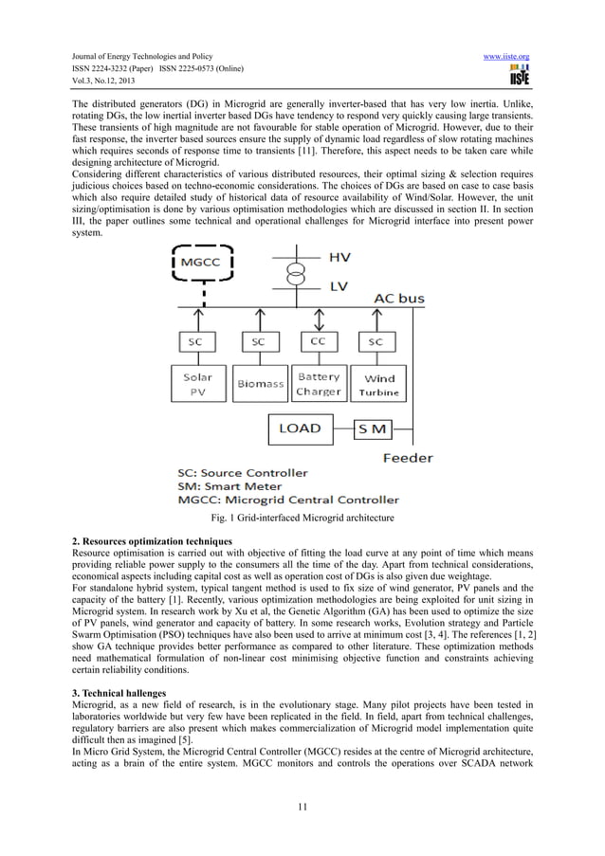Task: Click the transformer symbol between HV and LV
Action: [x=297, y=273]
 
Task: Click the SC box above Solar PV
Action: [x=194, y=340]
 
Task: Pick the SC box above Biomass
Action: [x=257, y=340]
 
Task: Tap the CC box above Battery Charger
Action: [x=318, y=340]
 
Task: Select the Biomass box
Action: [x=260, y=384]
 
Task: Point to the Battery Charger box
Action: [x=319, y=382]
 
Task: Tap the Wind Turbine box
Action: [x=379, y=384]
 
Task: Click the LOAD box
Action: [x=299, y=428]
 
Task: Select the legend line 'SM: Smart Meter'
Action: [x=235, y=485]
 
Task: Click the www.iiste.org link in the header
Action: [x=505, y=57]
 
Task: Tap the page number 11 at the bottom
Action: [x=302, y=807]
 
